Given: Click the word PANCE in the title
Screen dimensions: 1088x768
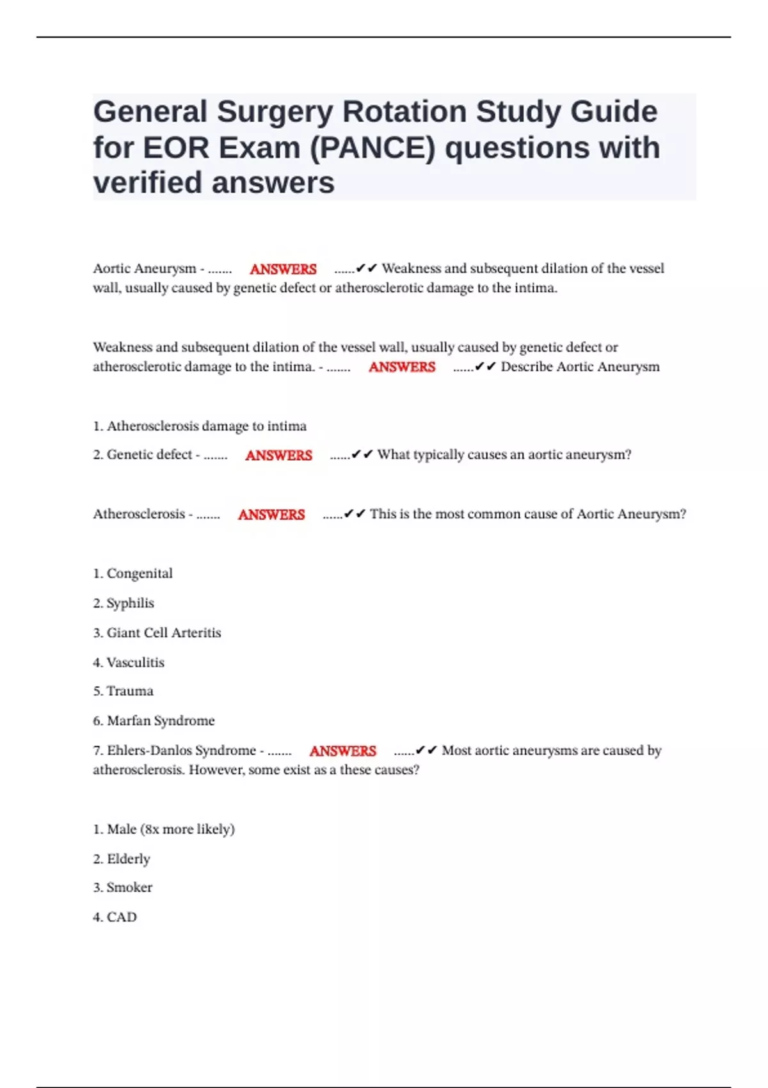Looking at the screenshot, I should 372,148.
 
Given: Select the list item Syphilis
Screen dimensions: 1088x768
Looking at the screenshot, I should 130,603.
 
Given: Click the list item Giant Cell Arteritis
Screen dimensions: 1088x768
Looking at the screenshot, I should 163,633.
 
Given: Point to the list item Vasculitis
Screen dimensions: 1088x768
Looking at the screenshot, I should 135,662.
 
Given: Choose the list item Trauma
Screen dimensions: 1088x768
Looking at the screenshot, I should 130,691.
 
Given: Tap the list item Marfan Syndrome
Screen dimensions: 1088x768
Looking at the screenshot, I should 161,721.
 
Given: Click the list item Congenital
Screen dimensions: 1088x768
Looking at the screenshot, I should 140,573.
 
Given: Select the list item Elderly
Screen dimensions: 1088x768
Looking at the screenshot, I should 128,859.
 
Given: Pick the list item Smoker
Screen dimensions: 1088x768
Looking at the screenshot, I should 129,888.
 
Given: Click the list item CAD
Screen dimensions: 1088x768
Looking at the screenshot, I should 122,917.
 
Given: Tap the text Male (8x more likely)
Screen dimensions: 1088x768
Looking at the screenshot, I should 170,829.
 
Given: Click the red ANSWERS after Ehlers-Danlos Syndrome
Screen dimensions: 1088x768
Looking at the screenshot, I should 342,751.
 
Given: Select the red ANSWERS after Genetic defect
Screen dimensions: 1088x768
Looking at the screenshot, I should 278,455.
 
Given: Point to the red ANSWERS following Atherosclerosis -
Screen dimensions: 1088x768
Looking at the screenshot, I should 271,515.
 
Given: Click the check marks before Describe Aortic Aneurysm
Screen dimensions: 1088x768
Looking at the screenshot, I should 486,367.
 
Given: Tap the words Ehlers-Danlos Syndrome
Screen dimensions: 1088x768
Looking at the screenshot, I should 181,750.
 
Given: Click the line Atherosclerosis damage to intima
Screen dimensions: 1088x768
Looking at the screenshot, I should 206,426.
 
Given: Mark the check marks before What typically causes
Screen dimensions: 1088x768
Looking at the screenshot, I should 362,454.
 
